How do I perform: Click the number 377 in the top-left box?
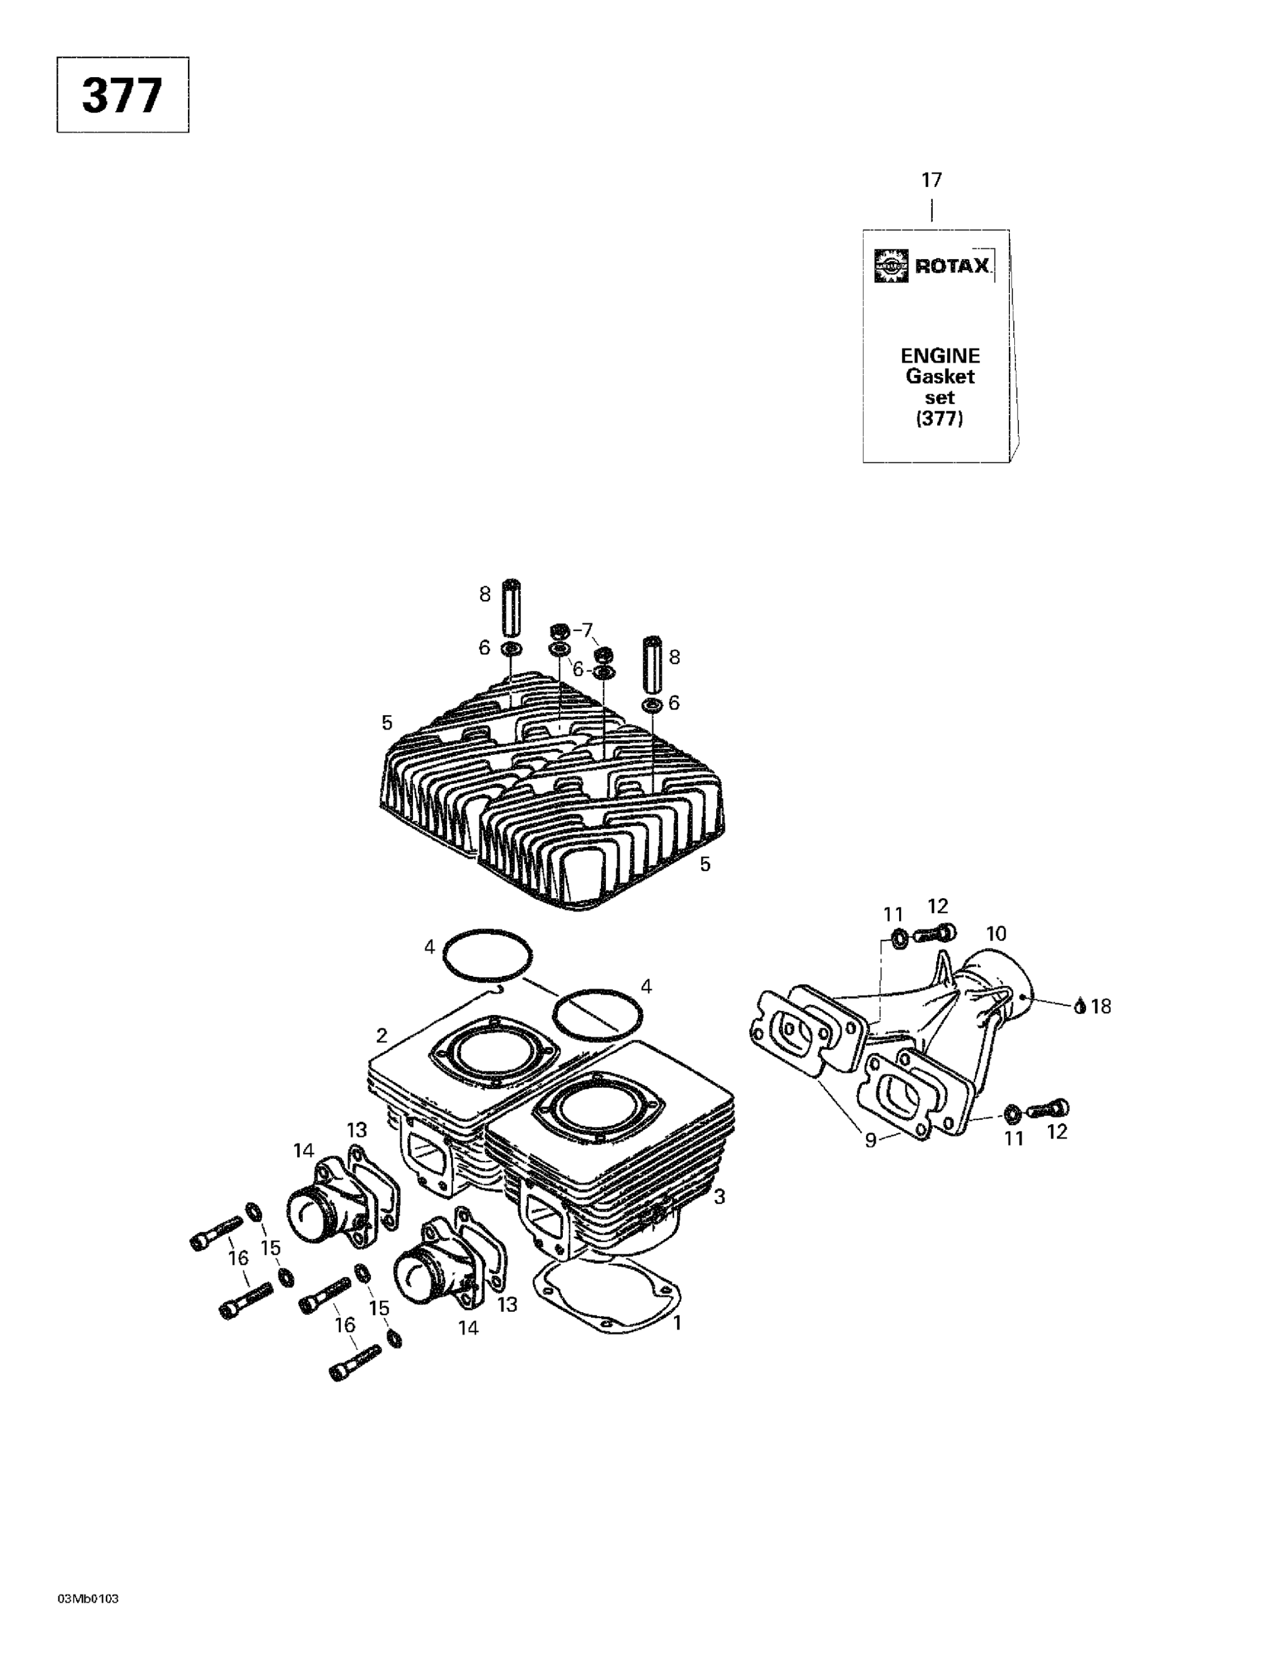coord(122,95)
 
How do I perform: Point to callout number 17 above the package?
coord(931,180)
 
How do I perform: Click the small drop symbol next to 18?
coord(1080,1007)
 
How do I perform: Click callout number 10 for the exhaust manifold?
coord(996,934)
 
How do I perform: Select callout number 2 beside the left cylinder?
coord(381,1035)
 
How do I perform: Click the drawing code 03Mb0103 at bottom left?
coord(88,1599)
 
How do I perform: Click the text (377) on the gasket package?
coord(939,418)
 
